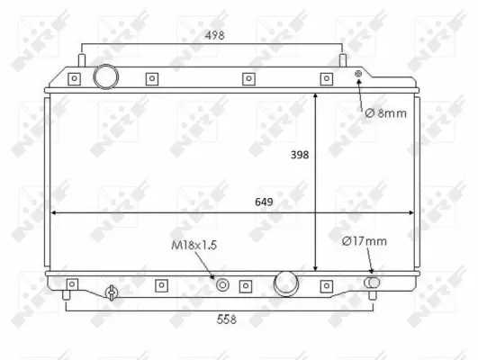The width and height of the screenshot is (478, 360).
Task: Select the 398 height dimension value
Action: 300,155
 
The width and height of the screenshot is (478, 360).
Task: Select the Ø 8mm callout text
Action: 386,113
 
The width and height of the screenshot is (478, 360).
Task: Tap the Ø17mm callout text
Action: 364,240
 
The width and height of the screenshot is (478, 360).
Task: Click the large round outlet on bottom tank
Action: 287,283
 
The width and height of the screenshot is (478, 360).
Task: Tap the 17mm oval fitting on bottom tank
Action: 372,283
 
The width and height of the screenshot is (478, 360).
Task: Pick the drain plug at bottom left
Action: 111,292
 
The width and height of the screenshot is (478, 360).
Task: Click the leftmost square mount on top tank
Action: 75,78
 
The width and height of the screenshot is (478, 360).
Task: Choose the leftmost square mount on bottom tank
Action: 73,285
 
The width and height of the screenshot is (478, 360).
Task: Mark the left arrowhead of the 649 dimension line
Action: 54,213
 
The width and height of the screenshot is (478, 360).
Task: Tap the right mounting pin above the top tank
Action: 342,59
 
